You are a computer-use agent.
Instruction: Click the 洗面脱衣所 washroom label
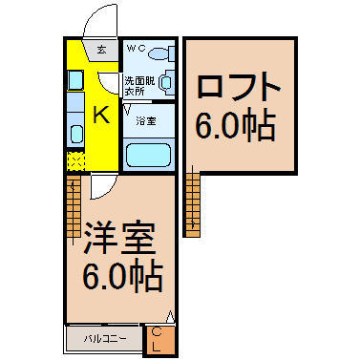coord(138,87)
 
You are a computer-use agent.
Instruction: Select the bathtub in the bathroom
coord(148,154)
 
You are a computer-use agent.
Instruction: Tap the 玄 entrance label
coord(101,48)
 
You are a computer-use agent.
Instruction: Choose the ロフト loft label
coord(239,87)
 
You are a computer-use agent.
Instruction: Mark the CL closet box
coord(159,339)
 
